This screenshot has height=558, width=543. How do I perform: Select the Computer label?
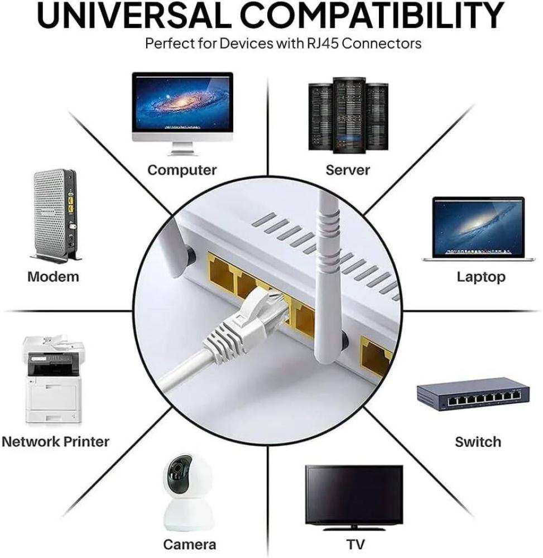(x=182, y=170)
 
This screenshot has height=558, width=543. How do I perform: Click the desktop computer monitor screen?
(x=182, y=103)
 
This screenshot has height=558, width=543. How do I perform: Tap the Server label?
(x=348, y=170)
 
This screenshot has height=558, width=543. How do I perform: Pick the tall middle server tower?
(x=349, y=115)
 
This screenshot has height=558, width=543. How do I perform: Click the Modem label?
(x=53, y=277)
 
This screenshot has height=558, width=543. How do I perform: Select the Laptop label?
(x=480, y=277)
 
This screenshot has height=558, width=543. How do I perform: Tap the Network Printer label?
(x=55, y=441)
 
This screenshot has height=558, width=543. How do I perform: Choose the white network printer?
(x=52, y=379)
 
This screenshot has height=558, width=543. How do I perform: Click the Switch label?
(x=478, y=442)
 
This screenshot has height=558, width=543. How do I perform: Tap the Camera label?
(x=189, y=545)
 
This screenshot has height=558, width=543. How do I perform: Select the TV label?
(x=355, y=545)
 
